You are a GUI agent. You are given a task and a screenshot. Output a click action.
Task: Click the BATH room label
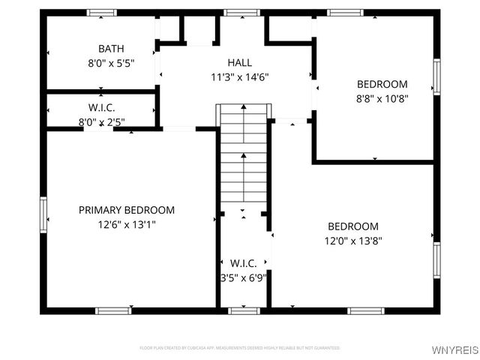(111, 49)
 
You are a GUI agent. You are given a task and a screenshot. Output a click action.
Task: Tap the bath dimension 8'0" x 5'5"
(111, 64)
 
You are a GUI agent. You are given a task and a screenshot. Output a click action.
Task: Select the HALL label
(240, 62)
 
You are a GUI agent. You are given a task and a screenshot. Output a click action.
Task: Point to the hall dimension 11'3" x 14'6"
(240, 76)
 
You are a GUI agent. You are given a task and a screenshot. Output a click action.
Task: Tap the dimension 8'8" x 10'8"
(382, 97)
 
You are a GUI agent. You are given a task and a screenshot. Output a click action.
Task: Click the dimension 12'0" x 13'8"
(352, 241)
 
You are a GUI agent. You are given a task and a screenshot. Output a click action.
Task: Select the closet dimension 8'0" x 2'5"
(101, 121)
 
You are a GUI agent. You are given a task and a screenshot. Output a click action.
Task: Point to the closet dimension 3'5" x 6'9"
(244, 277)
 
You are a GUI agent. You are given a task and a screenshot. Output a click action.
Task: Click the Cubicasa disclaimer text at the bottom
(240, 348)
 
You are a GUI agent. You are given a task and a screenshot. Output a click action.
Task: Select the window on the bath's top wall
(101, 13)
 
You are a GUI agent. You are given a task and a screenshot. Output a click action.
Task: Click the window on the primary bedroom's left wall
(43, 214)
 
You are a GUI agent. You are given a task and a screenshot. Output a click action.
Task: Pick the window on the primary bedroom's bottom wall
(114, 310)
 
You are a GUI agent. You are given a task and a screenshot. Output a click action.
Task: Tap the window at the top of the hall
(240, 13)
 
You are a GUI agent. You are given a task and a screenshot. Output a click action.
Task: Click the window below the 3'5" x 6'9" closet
(244, 310)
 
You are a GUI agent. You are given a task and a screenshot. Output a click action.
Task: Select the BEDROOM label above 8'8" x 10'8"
(382, 84)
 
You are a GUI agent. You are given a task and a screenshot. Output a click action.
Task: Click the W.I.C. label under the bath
(101, 107)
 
